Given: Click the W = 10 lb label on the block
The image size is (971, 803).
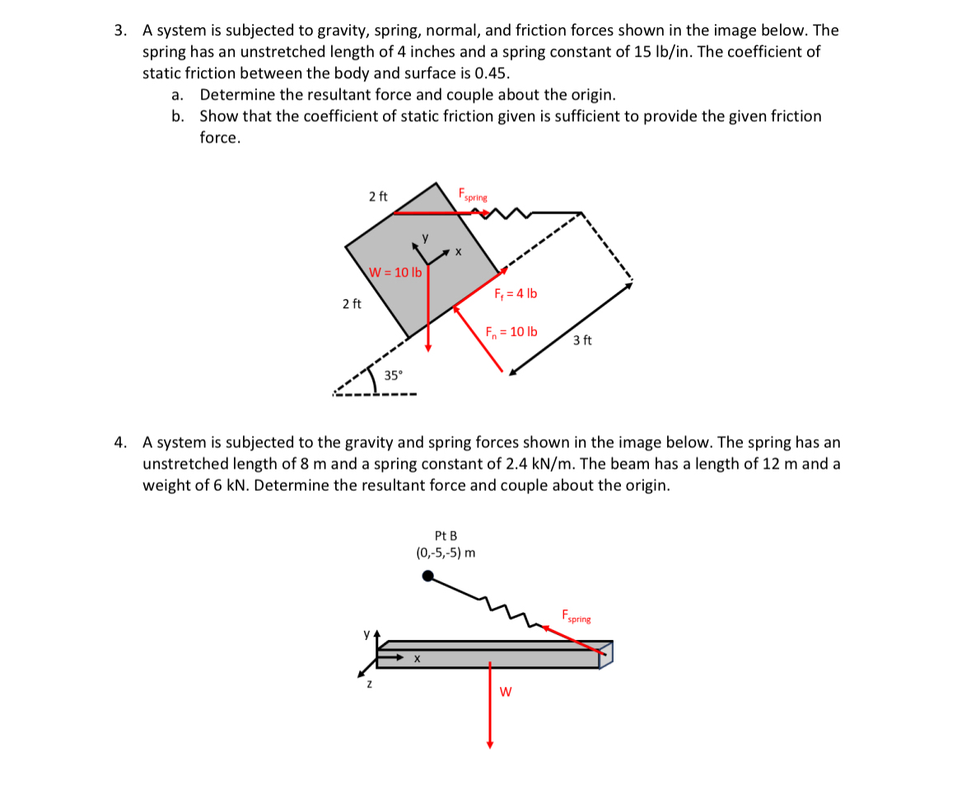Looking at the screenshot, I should [x=395, y=273].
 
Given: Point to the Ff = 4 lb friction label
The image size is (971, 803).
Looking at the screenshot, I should [x=516, y=294].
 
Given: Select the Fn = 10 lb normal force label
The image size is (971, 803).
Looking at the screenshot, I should [x=511, y=332].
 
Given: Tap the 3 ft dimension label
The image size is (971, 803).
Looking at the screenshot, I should [x=582, y=340].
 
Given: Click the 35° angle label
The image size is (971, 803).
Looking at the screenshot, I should [x=394, y=376].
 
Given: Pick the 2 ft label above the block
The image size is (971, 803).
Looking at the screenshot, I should [x=378, y=196].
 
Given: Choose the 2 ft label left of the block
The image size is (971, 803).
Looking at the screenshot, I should [x=352, y=305].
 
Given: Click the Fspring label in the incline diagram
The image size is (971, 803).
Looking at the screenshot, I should [x=473, y=195].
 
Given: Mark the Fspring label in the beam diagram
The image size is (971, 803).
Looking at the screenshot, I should [x=577, y=617].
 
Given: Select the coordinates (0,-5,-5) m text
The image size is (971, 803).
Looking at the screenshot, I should [x=446, y=553].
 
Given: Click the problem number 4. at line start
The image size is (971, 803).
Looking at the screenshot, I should [x=121, y=443].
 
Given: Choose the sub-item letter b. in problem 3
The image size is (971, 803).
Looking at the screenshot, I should [x=179, y=116].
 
